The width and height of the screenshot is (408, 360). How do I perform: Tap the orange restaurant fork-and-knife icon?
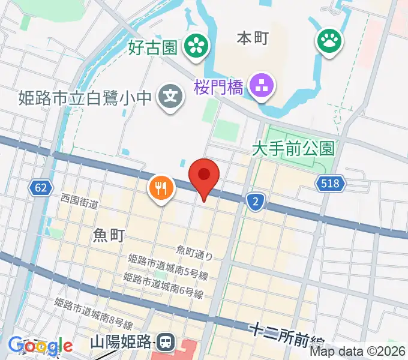(x=160, y=188)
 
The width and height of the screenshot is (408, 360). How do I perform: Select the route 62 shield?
(x=40, y=188)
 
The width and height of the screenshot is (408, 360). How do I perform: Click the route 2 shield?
(x=256, y=202)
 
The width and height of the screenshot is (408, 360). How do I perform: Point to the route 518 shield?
(x=332, y=185)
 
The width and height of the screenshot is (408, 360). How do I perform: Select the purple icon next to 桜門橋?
(x=262, y=87)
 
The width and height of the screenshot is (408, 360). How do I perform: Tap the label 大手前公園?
(x=293, y=147)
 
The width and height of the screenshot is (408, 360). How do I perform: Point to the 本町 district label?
(x=253, y=38)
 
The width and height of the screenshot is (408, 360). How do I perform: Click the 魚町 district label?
(x=109, y=236)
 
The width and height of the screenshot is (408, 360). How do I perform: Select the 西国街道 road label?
(x=79, y=201)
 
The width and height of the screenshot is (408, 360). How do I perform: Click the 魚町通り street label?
(x=194, y=252)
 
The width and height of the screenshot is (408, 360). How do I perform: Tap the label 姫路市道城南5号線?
(x=167, y=266)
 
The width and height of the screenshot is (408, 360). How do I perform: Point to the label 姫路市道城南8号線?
(x=93, y=314)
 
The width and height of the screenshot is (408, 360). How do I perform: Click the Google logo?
(x=41, y=346)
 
